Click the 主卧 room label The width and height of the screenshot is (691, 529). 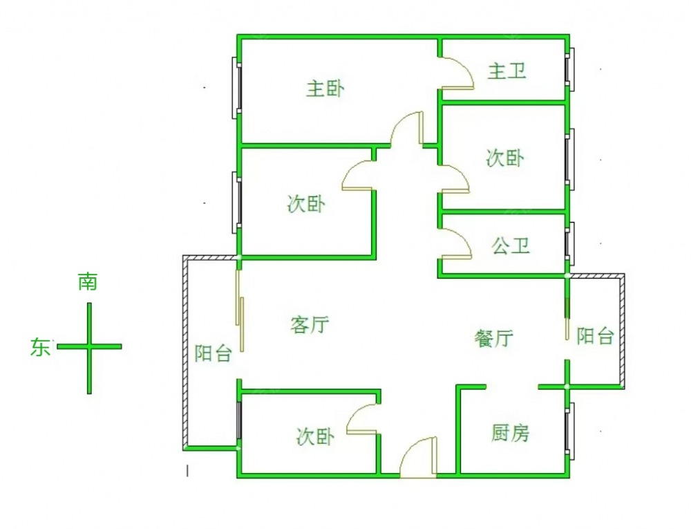pyautogui.click(x=325, y=89)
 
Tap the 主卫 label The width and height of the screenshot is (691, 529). pyautogui.click(x=507, y=71)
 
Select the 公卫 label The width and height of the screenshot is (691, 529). pyautogui.click(x=511, y=245)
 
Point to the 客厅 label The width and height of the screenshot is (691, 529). pyautogui.click(x=310, y=324)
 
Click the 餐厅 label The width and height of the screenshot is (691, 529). pyautogui.click(x=493, y=338)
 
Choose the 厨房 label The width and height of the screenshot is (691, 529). pyautogui.click(x=511, y=434)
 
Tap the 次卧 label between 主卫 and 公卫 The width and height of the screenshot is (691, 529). pyautogui.click(x=505, y=158)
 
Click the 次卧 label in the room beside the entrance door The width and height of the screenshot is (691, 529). pyautogui.click(x=315, y=437)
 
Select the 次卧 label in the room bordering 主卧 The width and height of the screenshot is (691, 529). pyautogui.click(x=306, y=204)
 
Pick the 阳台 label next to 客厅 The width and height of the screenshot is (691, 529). pyautogui.click(x=212, y=355)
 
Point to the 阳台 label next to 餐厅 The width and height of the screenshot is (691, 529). pyautogui.click(x=595, y=337)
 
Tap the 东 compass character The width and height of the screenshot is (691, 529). pyautogui.click(x=39, y=347)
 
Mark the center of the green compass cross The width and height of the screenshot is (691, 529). pyautogui.click(x=89, y=346)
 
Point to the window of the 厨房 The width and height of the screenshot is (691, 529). pyautogui.click(x=569, y=432)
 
